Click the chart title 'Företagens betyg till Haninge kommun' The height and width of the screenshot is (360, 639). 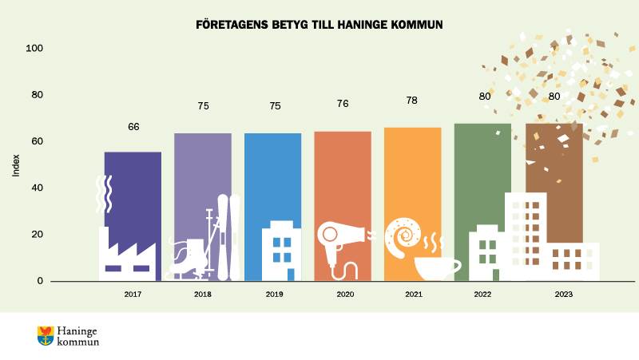(319, 25)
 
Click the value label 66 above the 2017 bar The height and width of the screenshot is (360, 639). (134, 127)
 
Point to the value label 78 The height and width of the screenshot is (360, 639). (413, 101)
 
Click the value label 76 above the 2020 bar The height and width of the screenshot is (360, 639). (343, 103)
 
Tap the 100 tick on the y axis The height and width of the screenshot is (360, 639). (34, 49)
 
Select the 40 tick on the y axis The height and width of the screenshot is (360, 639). (37, 188)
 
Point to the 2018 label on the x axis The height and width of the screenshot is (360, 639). (202, 295)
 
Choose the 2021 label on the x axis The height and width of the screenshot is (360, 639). (413, 295)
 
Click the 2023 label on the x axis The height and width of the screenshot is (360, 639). (564, 295)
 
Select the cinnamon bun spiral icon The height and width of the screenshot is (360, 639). (403, 234)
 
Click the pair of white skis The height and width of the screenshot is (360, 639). (228, 236)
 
